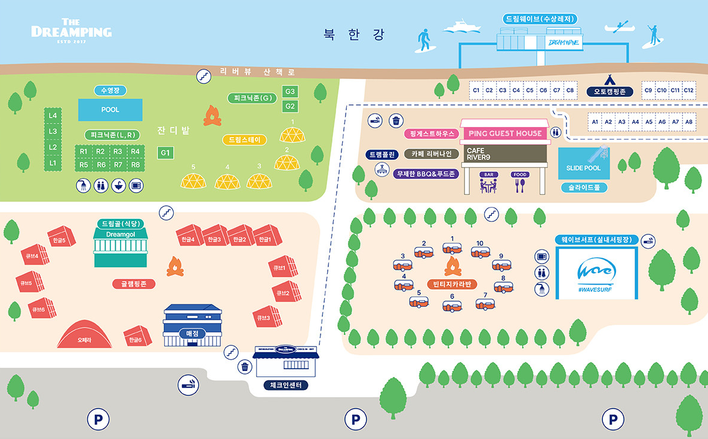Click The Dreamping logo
coord(71,30)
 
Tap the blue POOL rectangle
coord(110,110)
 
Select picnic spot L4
coord(53,115)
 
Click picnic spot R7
coord(118,164)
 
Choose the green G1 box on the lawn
coord(165,153)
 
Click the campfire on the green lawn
coord(212,116)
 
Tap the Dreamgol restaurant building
coord(121,246)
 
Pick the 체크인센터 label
coord(286,385)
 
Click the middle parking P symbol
coord(355,420)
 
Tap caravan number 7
coord(485,304)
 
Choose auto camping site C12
coord(688,90)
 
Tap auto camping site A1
coord(595,122)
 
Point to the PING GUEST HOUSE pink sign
coord(505,133)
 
